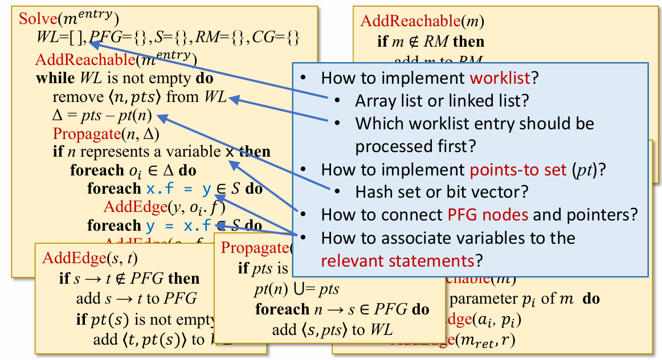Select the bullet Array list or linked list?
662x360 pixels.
click(442, 101)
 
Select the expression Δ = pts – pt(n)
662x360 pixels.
click(101, 116)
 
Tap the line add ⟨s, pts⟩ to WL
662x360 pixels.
click(332, 329)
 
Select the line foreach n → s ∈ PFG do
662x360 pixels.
click(341, 309)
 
